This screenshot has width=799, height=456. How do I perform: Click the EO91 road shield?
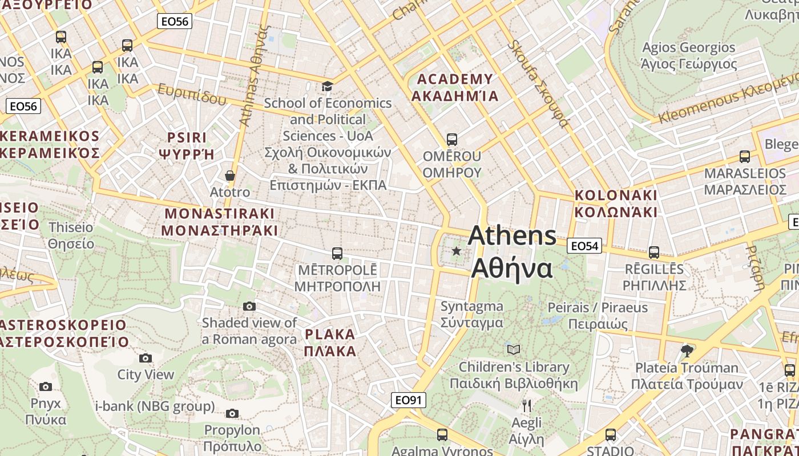tap(409, 400)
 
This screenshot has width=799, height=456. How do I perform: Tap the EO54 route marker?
tap(584, 246)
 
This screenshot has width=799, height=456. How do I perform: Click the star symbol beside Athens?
tap(456, 251)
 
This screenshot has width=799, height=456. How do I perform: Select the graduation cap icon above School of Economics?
tap(327, 86)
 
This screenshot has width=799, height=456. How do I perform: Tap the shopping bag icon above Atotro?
tap(230, 175)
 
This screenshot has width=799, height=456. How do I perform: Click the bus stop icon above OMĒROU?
tap(452, 139)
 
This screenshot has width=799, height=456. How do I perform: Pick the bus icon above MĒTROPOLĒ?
tap(337, 253)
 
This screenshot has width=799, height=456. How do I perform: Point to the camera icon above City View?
tap(146, 358)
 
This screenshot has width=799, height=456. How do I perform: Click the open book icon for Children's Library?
tap(514, 349)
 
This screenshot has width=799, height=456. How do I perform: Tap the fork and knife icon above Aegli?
tap(526, 406)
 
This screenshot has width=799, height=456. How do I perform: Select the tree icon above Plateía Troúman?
tap(687, 351)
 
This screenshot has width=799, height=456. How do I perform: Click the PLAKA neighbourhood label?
tap(330, 342)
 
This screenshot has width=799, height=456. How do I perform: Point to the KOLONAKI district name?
tap(616, 203)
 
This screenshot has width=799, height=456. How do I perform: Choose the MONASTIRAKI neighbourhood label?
tap(220, 222)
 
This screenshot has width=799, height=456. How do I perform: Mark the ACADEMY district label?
tap(455, 87)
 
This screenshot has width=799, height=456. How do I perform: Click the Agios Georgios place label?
tap(689, 55)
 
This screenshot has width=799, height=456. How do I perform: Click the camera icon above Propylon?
tap(232, 413)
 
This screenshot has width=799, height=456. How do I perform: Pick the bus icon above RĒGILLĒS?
tap(654, 252)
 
